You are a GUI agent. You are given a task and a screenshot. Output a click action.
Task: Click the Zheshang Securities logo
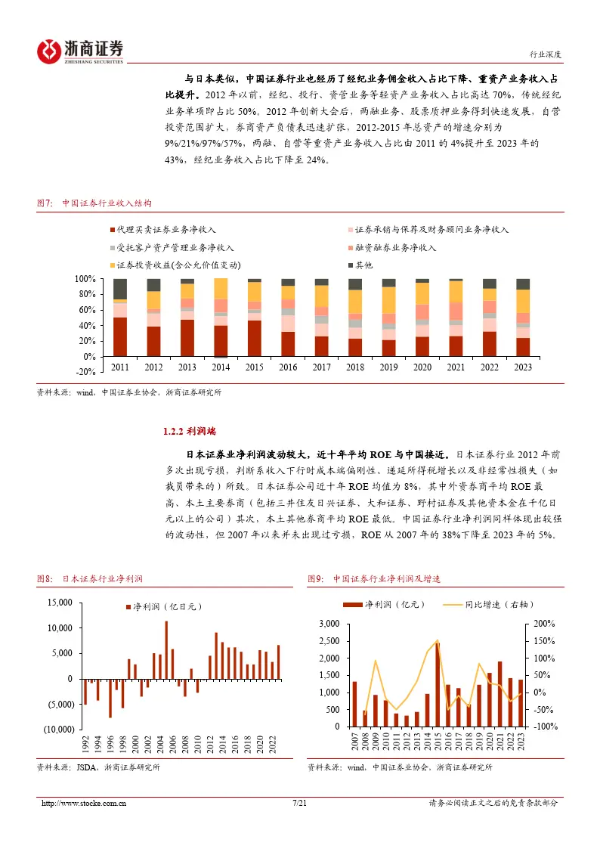(x=80, y=50)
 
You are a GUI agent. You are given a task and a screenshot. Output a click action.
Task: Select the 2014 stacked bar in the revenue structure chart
(x=220, y=318)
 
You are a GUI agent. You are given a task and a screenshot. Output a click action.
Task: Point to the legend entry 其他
(x=363, y=265)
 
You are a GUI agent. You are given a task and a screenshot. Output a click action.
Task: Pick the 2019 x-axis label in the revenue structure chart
(x=388, y=367)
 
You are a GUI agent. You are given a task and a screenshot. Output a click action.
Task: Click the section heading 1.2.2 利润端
(x=189, y=432)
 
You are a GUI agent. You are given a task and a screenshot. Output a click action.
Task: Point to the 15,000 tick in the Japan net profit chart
(x=60, y=603)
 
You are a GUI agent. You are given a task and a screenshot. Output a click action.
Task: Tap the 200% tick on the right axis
(x=544, y=624)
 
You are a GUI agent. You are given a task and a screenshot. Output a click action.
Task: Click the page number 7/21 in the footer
(x=299, y=804)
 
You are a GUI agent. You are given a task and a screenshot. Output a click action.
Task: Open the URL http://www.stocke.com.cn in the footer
(x=83, y=804)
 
